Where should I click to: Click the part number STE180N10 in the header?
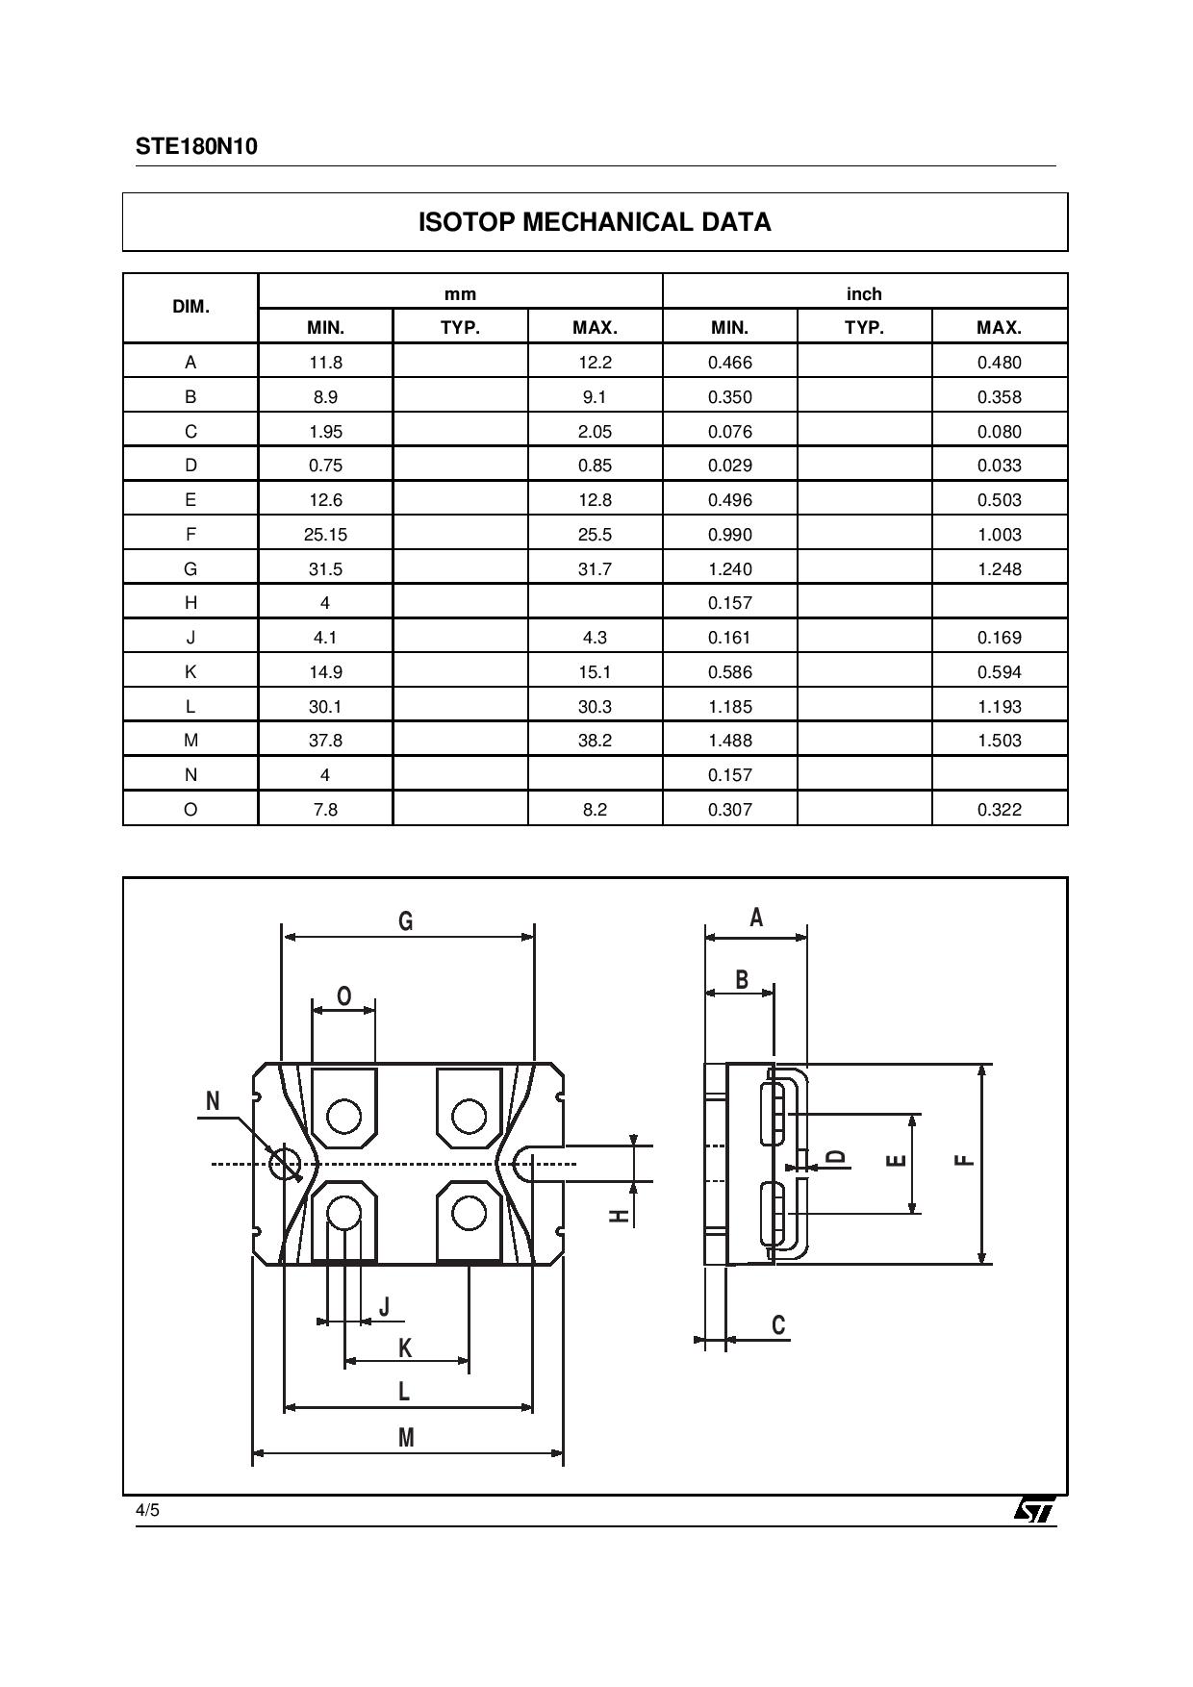point(196,146)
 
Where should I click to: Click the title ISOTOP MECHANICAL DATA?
point(595,222)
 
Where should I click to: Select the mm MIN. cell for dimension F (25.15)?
point(325,534)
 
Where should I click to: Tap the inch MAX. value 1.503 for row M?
point(999,740)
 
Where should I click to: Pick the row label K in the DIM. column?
point(190,671)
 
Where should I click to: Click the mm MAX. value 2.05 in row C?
point(595,431)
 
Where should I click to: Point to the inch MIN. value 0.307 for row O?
point(729,809)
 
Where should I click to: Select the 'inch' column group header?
point(864,293)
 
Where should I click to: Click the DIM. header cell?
point(190,307)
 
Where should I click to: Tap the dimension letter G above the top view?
point(406,920)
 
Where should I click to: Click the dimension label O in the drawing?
point(343,996)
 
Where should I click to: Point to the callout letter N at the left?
point(213,1100)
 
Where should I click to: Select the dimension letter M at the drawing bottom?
point(406,1437)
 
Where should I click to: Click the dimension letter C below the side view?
point(778,1325)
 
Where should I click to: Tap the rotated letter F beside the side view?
point(964,1160)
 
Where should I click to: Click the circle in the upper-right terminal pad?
point(469,1117)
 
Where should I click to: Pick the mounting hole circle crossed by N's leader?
point(285,1164)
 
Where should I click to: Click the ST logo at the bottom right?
point(1034,1509)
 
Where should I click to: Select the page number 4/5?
point(147,1510)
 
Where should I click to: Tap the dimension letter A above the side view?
point(756,918)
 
